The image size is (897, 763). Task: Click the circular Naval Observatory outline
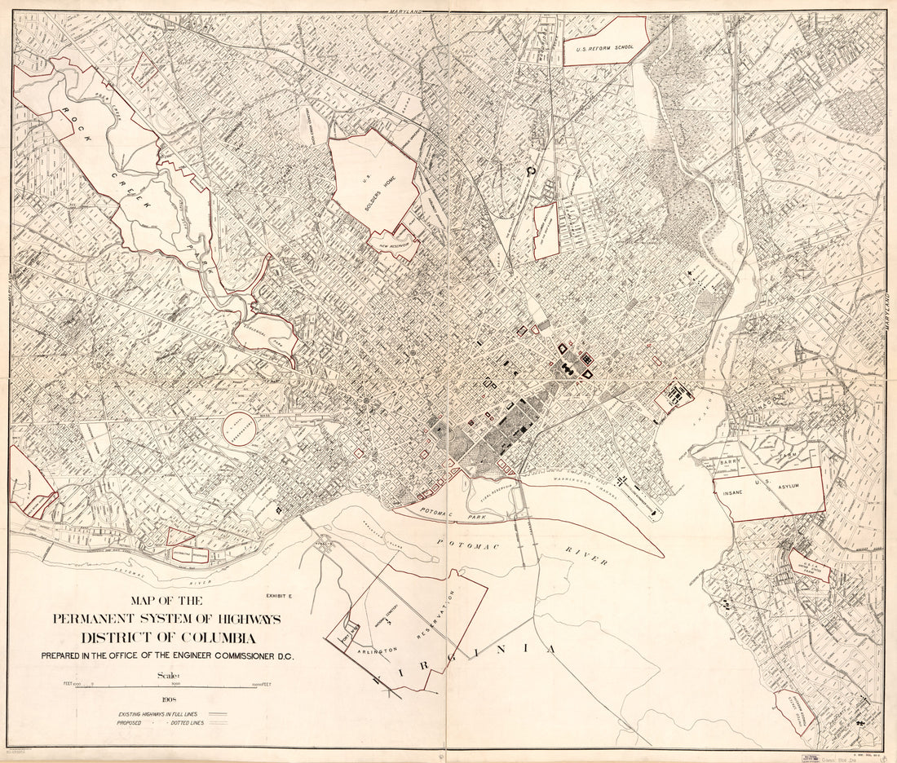click(239, 427)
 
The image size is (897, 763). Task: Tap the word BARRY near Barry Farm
click(728, 462)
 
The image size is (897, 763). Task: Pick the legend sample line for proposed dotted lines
click(217, 723)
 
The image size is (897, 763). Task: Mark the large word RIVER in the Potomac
click(587, 556)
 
